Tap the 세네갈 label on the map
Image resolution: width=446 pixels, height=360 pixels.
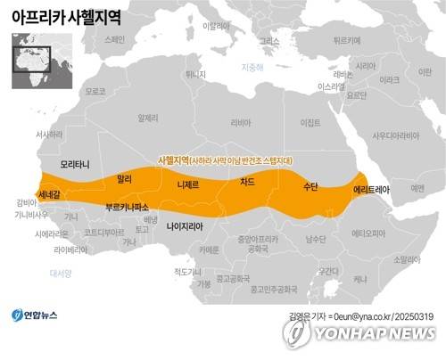click(50, 193)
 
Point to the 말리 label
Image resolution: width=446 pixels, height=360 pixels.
click(124, 179)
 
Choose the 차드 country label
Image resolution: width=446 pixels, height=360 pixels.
click(247, 181)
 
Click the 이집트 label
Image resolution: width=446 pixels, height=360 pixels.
click(310, 122)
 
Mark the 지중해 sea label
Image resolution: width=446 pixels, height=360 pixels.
click(252, 68)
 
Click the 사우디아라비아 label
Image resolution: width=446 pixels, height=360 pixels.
click(395, 135)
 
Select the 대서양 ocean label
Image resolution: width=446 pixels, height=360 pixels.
click(60, 273)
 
